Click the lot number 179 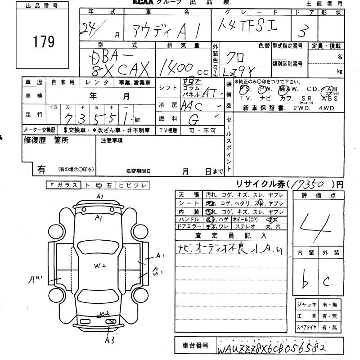(x=44, y=42)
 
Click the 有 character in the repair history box (x=41, y=169)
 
